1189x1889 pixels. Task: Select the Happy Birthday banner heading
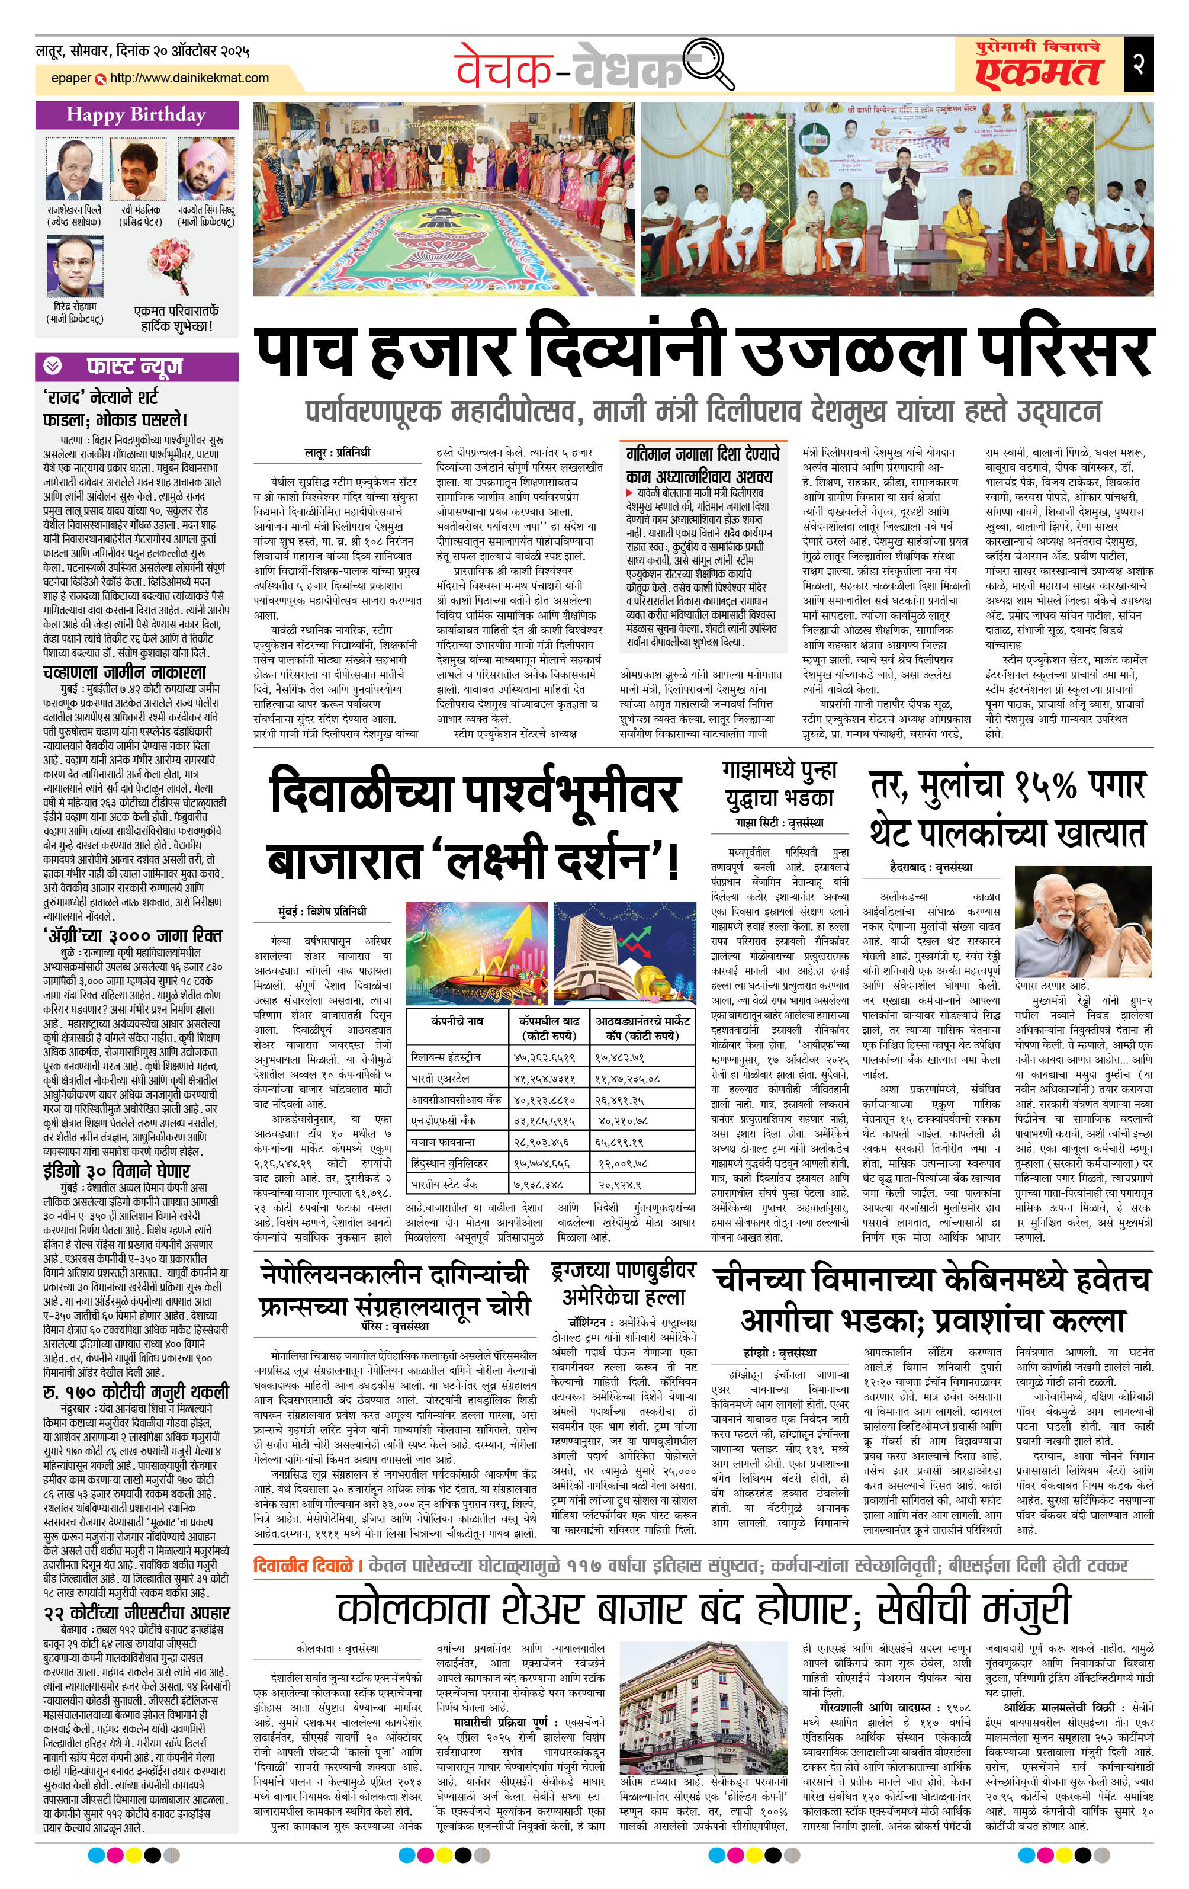(x=136, y=116)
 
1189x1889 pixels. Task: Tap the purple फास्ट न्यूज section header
(x=136, y=366)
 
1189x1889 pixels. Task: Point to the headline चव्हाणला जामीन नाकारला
(x=125, y=672)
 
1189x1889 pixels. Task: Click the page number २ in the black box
(x=1138, y=65)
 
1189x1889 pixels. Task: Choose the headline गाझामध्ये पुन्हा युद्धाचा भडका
(x=779, y=784)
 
